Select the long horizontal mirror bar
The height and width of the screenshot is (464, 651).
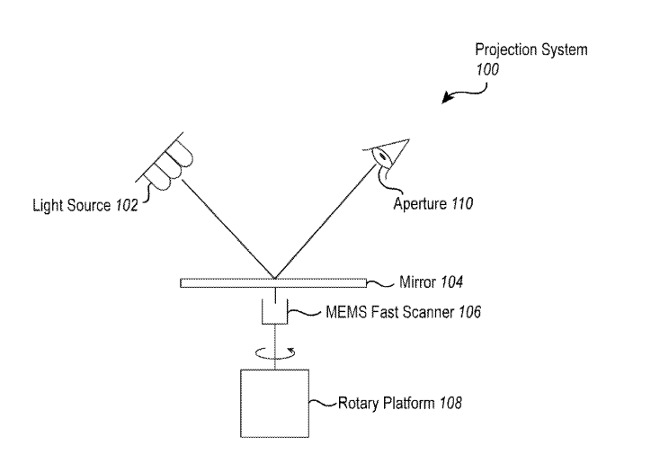[x=273, y=283]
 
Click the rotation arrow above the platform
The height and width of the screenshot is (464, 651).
[x=274, y=353]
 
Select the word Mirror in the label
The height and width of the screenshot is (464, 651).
[x=417, y=282]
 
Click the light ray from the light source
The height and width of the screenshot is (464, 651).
[x=229, y=228]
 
